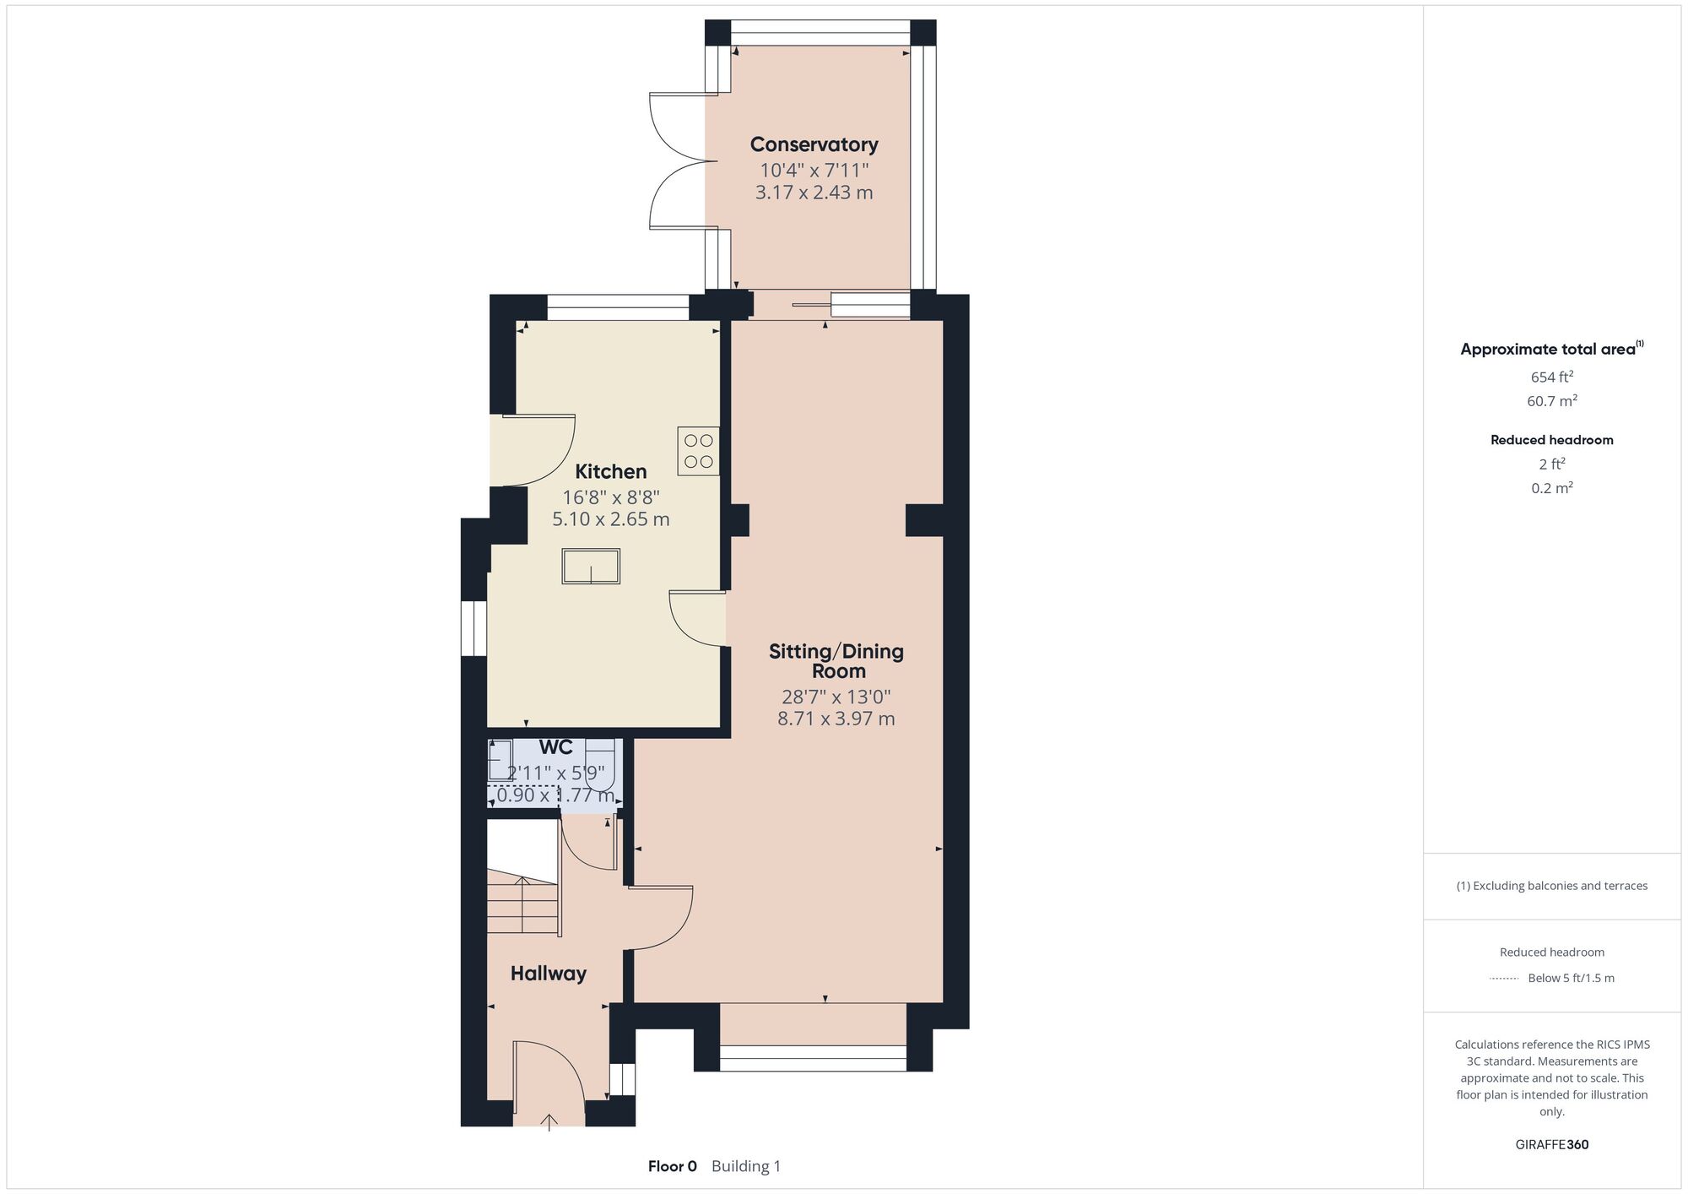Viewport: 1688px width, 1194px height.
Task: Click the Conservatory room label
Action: [814, 144]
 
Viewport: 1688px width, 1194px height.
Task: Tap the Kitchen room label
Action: [611, 471]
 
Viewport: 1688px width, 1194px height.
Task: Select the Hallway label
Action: [548, 974]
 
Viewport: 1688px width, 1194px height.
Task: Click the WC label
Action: [556, 747]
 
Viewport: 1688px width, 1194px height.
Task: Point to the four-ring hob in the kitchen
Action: [698, 451]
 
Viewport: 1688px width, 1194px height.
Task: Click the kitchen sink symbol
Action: [591, 566]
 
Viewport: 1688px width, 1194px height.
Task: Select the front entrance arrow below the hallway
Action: [549, 1122]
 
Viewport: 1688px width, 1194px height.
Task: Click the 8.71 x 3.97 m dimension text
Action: [836, 719]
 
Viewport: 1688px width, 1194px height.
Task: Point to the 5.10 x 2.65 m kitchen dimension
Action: [611, 519]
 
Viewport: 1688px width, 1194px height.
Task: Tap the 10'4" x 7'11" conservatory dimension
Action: [814, 171]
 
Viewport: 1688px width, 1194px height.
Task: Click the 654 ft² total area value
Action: [1552, 377]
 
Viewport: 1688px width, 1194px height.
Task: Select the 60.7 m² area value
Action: [1552, 401]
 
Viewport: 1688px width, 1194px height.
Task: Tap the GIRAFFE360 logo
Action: [1552, 1145]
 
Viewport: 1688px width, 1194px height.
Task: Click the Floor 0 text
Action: [673, 1166]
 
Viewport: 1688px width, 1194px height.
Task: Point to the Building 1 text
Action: [746, 1166]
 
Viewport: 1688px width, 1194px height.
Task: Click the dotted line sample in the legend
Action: [1504, 979]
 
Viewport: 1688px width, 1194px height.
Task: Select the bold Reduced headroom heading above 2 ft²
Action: [1552, 440]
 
